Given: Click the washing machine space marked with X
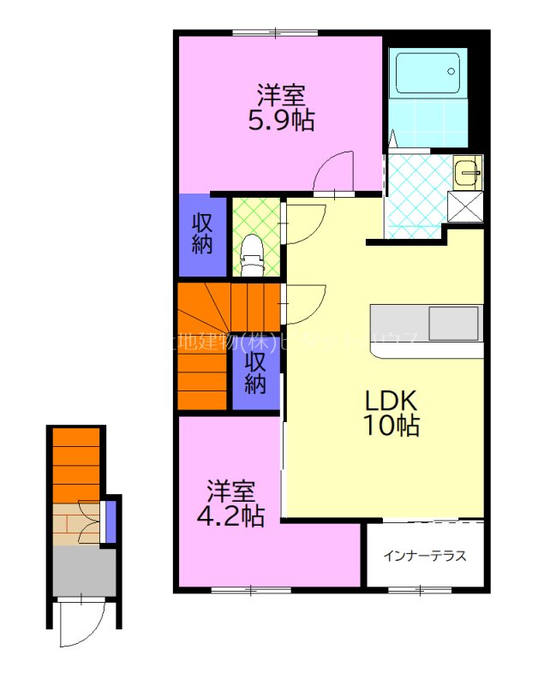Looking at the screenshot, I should (463, 205).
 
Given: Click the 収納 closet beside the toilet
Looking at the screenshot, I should (202, 232).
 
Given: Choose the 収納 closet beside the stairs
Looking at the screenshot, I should (255, 372).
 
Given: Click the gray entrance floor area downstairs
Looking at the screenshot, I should (83, 571).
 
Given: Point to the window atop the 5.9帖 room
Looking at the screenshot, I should (274, 33).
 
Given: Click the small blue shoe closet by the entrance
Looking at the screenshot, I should (109, 522).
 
